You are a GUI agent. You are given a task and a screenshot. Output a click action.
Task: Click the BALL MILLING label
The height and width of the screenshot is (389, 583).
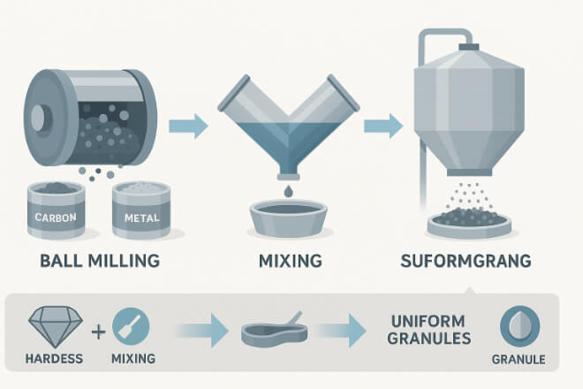(x=100, y=260)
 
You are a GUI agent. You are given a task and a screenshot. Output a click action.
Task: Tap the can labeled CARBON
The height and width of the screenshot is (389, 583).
(x=57, y=210)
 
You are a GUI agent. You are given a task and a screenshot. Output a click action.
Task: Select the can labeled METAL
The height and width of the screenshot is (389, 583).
(x=141, y=210)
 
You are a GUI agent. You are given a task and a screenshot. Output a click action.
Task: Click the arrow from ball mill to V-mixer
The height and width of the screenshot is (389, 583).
(x=188, y=126)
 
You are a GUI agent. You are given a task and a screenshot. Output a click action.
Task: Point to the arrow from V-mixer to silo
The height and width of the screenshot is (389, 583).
(x=383, y=126)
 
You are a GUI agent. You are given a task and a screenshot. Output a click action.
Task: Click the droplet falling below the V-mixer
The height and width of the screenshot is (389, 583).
(x=289, y=191)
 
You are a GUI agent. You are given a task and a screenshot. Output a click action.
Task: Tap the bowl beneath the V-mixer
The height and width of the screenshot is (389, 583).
(x=289, y=218)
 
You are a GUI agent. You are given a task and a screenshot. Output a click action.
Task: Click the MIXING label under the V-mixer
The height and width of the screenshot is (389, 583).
(x=291, y=261)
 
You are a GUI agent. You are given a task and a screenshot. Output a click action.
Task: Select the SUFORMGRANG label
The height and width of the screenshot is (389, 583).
(x=466, y=261)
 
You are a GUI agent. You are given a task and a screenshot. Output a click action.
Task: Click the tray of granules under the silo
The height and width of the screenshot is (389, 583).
(x=469, y=223)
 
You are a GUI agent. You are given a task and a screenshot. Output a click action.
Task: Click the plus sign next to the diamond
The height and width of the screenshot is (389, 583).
(x=99, y=332)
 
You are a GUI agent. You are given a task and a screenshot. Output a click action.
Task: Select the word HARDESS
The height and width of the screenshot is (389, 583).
(x=54, y=359)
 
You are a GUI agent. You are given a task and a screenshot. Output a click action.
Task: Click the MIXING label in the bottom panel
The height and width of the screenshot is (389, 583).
(x=133, y=359)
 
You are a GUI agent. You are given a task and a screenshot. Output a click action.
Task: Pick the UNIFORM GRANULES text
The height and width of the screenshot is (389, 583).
(x=429, y=330)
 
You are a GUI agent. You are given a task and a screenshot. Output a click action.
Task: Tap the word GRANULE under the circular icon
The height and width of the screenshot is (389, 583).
(x=519, y=360)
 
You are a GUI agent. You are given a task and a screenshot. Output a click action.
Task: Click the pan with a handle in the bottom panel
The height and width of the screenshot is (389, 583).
(x=275, y=331)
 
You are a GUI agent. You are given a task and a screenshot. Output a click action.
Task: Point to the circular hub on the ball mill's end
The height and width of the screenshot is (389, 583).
(x=38, y=118)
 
